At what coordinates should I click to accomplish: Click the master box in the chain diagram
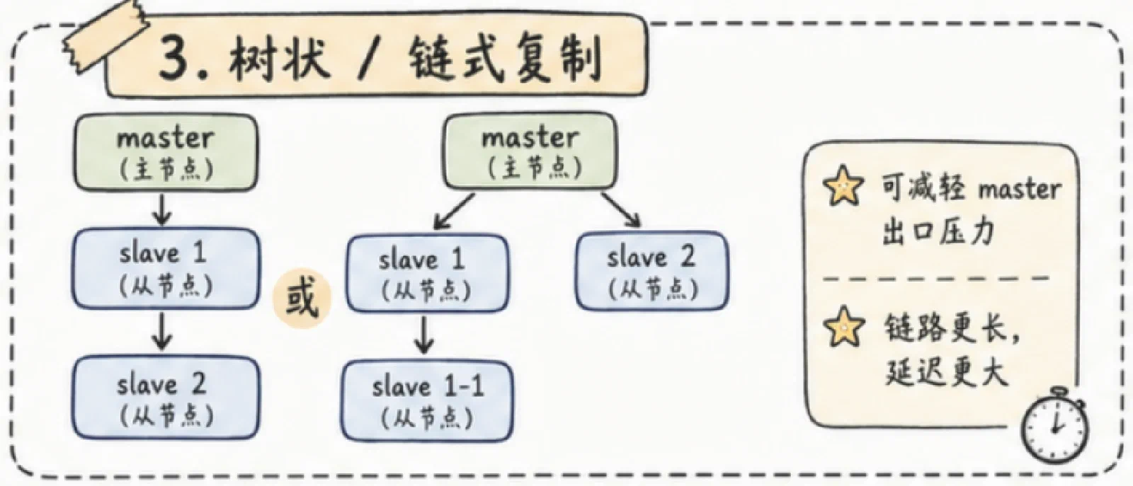click(166, 152)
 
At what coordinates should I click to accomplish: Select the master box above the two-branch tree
click(530, 151)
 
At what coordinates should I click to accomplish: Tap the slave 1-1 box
click(428, 401)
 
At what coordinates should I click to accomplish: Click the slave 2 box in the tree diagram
click(652, 271)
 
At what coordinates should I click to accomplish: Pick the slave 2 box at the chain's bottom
click(166, 398)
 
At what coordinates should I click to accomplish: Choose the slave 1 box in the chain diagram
click(166, 268)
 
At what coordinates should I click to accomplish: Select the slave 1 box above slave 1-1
click(428, 273)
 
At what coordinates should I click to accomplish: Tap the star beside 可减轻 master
click(843, 185)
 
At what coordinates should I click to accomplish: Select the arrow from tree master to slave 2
click(621, 209)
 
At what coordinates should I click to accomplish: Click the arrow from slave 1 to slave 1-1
click(424, 335)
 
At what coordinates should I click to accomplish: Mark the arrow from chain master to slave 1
click(162, 209)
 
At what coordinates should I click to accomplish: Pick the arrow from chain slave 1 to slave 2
click(162, 331)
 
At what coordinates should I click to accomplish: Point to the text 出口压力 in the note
click(938, 232)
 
